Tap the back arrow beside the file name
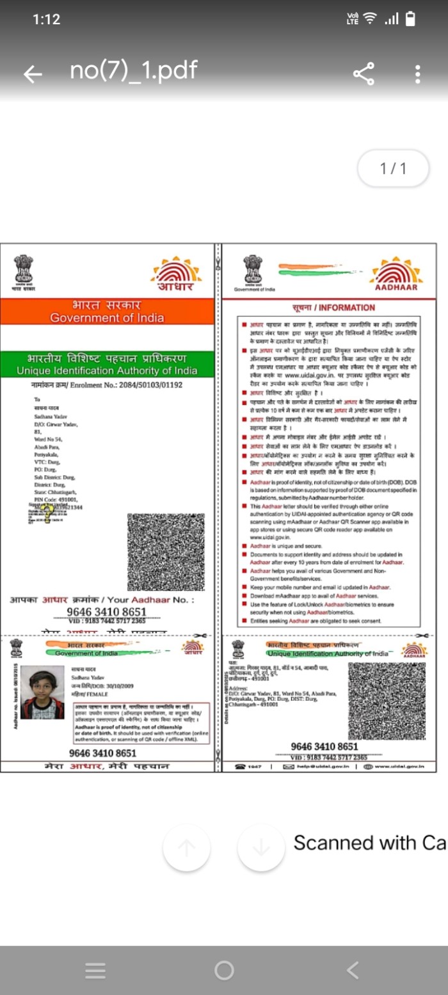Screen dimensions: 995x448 tap(33, 75)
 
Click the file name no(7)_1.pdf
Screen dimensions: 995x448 tap(133, 70)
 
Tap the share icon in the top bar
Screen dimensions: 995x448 tap(364, 74)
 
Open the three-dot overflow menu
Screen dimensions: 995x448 tap(417, 74)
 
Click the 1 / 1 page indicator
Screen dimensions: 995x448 tap(393, 169)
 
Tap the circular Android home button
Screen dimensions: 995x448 tap(224, 970)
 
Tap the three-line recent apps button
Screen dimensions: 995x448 tap(95, 970)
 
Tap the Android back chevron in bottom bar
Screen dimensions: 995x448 tap(353, 970)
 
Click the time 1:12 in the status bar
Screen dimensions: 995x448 tap(46, 19)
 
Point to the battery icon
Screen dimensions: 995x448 tap(410, 19)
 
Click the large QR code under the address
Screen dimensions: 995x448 tap(166, 551)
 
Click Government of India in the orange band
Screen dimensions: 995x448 tap(107, 318)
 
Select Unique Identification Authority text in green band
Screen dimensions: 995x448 tap(107, 371)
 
